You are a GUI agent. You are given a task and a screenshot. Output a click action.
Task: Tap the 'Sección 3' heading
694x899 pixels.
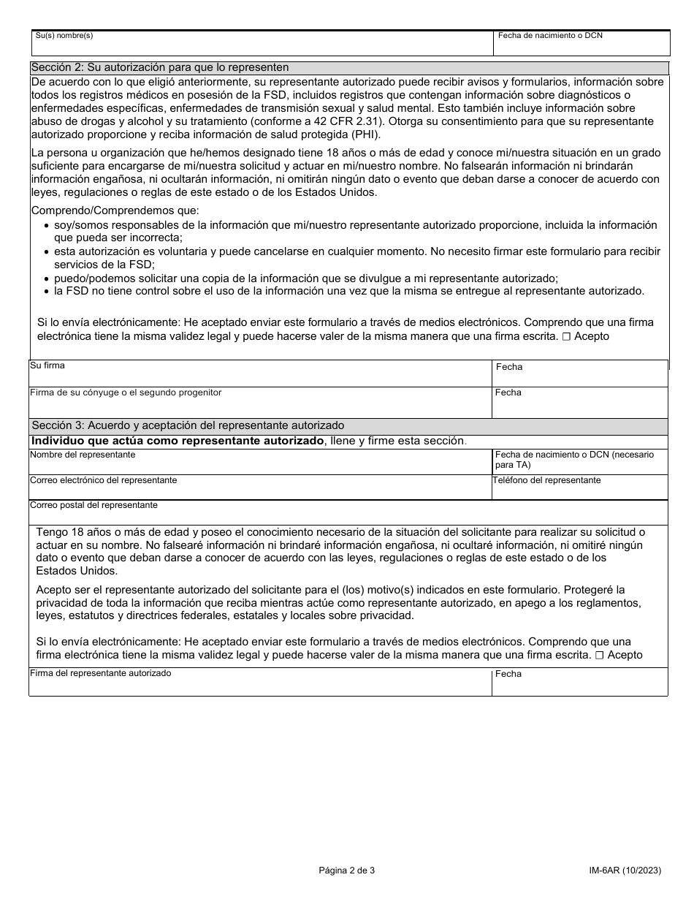(x=188, y=425)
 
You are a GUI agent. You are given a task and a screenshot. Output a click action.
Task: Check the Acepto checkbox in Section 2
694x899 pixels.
(x=566, y=337)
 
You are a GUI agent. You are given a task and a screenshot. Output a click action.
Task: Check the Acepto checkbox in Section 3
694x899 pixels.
(x=599, y=656)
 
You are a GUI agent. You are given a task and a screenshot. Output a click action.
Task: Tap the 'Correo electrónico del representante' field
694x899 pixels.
(x=260, y=489)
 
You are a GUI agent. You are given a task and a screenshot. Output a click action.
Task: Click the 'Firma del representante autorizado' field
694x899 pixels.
(x=260, y=684)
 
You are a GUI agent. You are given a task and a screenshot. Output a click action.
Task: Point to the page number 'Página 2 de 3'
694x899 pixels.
(x=347, y=870)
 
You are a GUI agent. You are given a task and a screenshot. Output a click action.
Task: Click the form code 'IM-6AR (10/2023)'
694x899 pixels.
(x=625, y=870)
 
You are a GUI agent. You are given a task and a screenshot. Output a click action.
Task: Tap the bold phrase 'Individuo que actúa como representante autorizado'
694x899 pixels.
(x=178, y=441)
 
